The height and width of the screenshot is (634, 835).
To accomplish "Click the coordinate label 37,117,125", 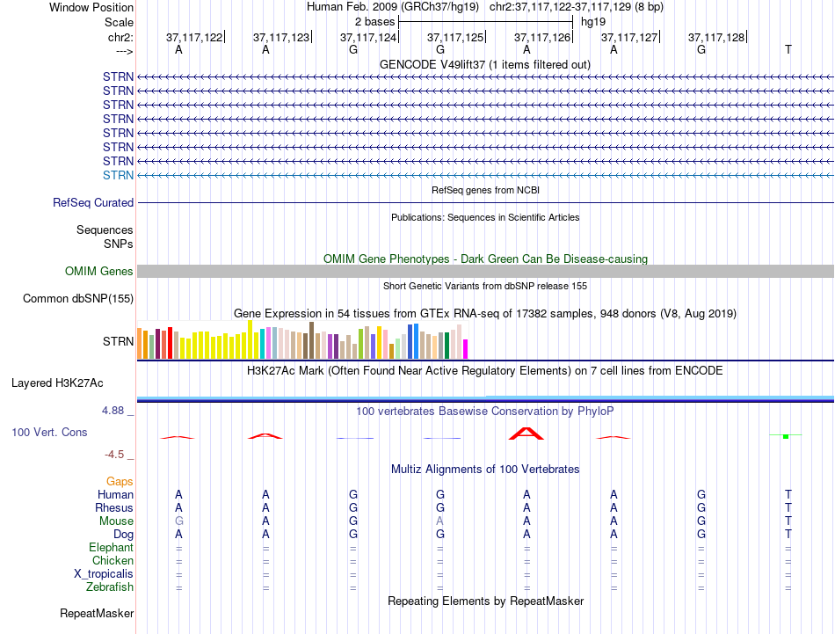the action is (x=455, y=37).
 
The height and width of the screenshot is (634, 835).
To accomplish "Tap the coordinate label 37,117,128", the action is (x=716, y=37).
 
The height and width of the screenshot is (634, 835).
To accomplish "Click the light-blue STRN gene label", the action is (x=119, y=175).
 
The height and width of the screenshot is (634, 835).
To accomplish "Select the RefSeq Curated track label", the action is (x=93, y=202).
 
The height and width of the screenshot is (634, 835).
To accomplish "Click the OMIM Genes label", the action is (x=99, y=271).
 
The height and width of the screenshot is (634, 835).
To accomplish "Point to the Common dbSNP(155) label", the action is (x=78, y=298).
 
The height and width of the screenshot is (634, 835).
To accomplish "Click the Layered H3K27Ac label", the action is (x=57, y=383).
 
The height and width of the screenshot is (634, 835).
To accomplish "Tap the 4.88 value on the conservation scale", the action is (x=113, y=411).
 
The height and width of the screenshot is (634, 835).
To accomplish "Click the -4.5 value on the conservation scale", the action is (x=114, y=455).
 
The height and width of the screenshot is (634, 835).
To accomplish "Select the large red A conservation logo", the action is (x=526, y=434).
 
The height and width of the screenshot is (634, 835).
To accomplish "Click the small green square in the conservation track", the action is (x=786, y=436).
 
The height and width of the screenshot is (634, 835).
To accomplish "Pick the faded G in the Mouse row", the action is (x=179, y=521).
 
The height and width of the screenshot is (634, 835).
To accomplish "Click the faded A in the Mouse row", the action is (x=439, y=521).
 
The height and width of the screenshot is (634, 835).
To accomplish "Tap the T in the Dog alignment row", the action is (x=788, y=534).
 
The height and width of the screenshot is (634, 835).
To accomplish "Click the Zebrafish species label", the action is (x=110, y=587).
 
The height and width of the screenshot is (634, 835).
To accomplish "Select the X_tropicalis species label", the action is (x=104, y=574).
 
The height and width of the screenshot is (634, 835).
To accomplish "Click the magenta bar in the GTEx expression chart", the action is (x=466, y=349).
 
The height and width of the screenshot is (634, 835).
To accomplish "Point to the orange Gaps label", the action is (x=120, y=482).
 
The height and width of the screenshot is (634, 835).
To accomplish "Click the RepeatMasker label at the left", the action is (x=97, y=613).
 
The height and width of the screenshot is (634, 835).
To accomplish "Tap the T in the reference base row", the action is (x=788, y=49).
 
